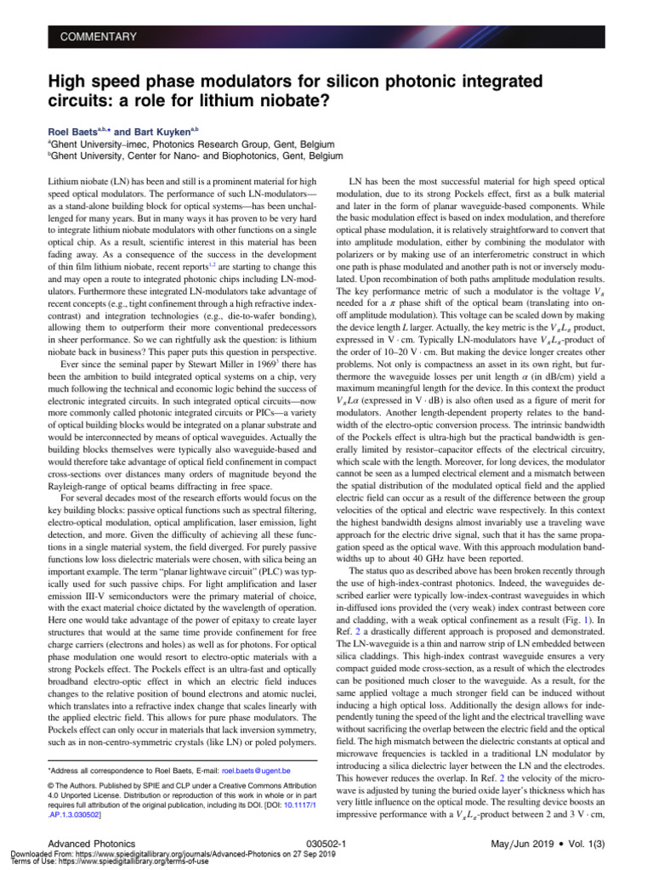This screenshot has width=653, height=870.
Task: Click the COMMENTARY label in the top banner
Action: click(x=98, y=37)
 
